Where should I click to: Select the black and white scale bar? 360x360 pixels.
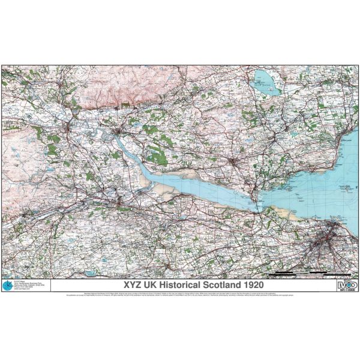point(300,274)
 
